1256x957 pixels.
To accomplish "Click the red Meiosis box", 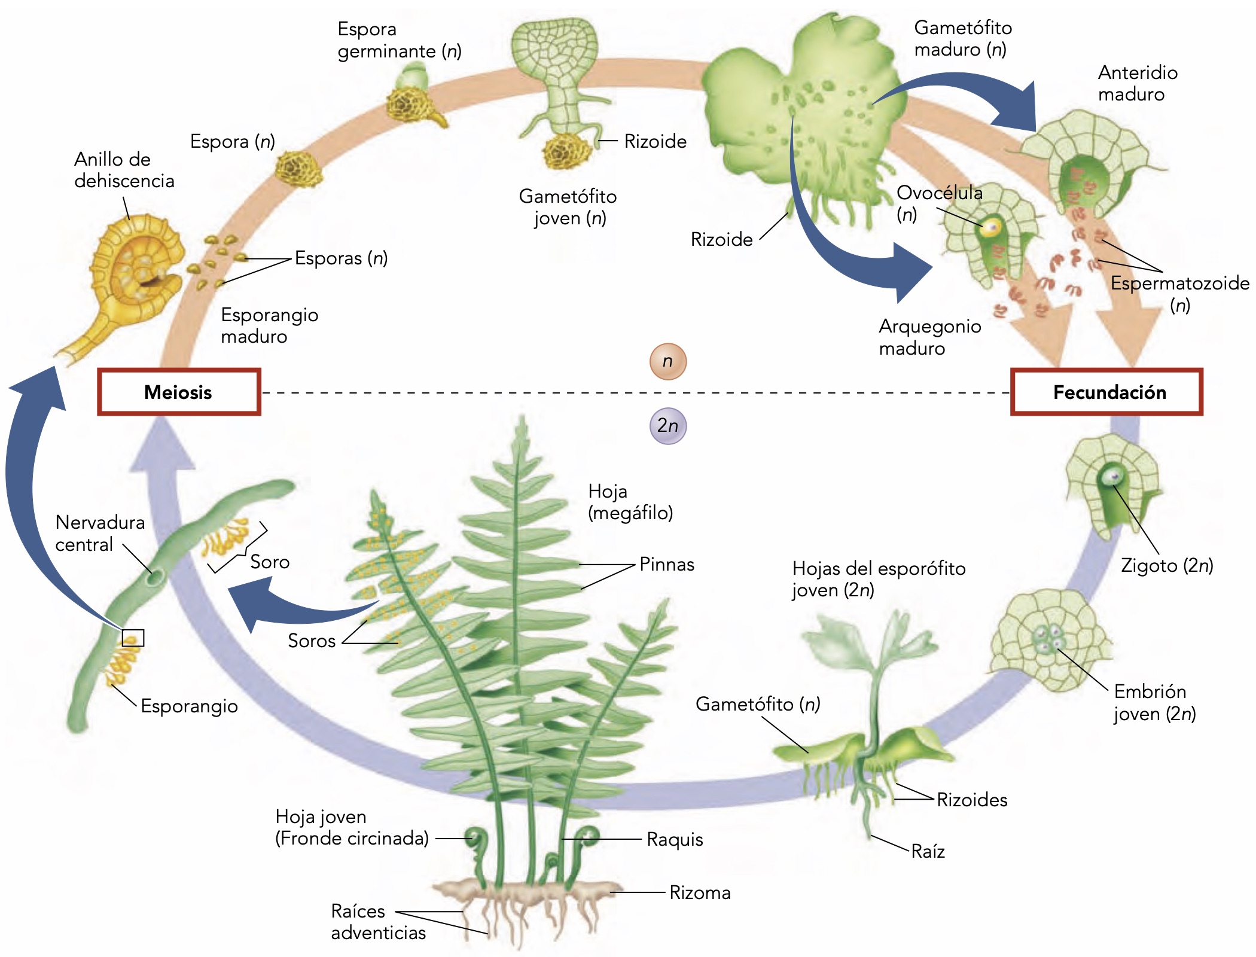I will click(179, 392).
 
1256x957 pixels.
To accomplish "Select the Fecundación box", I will click(1106, 392).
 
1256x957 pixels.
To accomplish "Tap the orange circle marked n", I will click(667, 361).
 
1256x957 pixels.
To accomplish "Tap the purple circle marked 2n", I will click(667, 426).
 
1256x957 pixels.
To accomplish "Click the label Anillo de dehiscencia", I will click(124, 170).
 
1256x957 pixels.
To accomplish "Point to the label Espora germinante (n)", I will click(399, 40).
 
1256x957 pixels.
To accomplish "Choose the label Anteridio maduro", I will click(1137, 83).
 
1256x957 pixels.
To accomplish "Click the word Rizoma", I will click(700, 893).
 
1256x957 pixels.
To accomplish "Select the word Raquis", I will click(675, 840).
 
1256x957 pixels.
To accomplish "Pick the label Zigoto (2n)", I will click(1166, 565).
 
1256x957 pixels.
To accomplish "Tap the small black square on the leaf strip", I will click(133, 638).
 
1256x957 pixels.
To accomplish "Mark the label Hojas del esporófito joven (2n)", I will click(878, 579).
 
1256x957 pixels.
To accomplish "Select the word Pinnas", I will click(667, 564).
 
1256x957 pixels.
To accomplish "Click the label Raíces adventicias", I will click(378, 922).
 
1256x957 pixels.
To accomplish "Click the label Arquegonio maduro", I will click(929, 337).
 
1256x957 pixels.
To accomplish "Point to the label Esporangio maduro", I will click(269, 325).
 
